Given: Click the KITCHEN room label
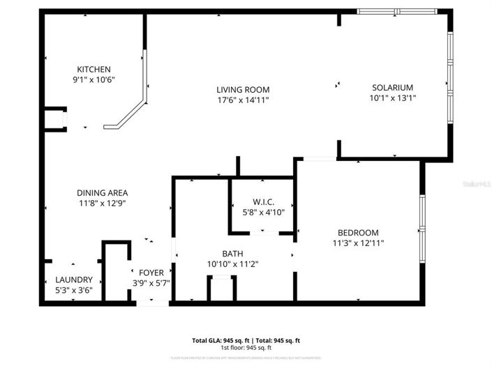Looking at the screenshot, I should [94, 69].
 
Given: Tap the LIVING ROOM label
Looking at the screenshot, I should [242, 90].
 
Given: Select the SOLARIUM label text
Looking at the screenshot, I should [392, 87].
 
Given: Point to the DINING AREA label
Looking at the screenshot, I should [102, 193].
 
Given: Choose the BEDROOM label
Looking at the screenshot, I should [358, 233].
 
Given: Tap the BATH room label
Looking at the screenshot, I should [232, 253].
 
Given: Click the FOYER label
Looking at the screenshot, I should [151, 273].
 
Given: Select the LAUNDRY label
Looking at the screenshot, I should [73, 279].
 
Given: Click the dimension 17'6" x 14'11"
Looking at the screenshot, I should [242, 100].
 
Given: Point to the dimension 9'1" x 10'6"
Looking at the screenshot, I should [94, 79].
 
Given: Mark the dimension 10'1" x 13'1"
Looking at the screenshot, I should [392, 98].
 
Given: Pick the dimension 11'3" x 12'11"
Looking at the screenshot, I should [358, 243].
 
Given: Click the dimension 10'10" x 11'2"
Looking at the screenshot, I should [232, 263].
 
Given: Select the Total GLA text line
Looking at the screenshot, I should [246, 340].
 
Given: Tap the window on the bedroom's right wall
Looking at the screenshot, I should [422, 213].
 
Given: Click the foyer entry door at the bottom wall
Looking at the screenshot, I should [152, 303].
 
